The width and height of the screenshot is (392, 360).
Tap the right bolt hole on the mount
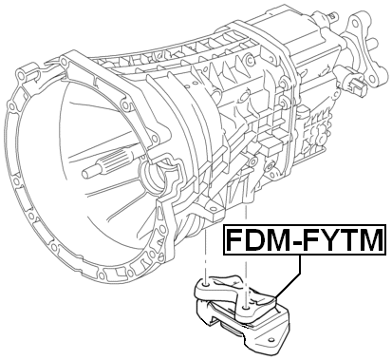[246, 306]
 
